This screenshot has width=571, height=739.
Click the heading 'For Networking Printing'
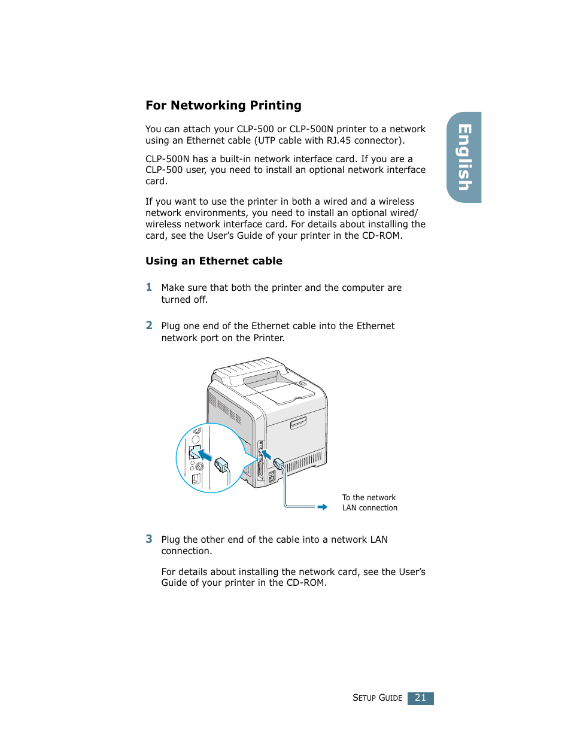[x=223, y=105]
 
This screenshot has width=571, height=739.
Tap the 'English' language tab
[x=464, y=157]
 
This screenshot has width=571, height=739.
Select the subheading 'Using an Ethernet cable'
[x=214, y=261]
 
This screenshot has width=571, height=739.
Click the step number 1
[x=149, y=287]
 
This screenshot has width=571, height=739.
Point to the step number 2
[x=149, y=326]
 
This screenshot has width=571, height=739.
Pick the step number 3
[x=149, y=539]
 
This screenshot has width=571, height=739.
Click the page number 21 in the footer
[x=420, y=698]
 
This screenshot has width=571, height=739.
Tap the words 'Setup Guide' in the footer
[x=377, y=698]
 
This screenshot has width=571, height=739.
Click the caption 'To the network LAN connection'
[x=369, y=503]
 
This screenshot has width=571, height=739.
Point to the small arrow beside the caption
[x=322, y=507]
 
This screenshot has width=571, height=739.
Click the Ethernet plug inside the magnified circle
[x=221, y=464]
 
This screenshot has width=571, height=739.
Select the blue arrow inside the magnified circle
[x=205, y=455]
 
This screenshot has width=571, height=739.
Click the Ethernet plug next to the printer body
[x=278, y=463]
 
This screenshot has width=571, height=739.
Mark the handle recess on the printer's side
[x=298, y=424]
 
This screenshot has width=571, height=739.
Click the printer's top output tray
[x=278, y=388]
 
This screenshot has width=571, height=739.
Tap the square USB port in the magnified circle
[x=196, y=479]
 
